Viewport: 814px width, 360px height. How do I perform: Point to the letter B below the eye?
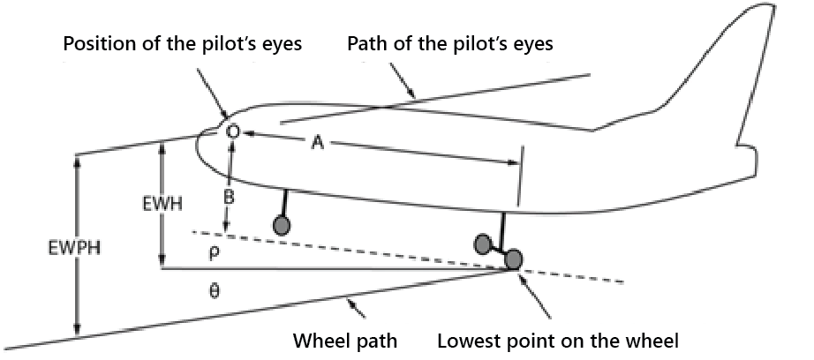[228, 199]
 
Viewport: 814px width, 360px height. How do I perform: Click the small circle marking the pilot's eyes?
[233, 131]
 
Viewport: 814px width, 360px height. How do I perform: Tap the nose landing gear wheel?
[282, 226]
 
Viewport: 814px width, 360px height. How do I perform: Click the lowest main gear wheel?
[512, 260]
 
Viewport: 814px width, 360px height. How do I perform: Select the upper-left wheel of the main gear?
[483, 243]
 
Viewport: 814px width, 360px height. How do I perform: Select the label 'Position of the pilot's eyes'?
[182, 43]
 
